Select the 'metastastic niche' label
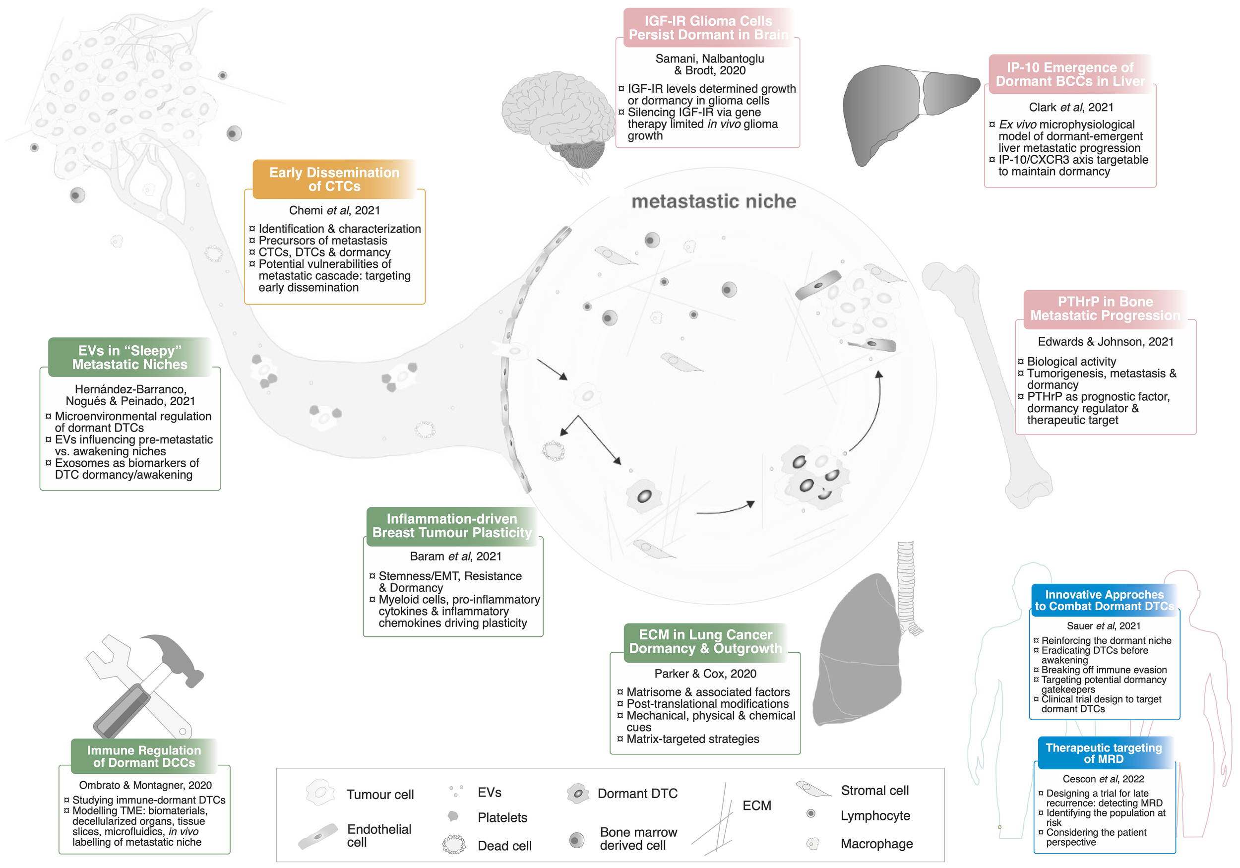point(713,201)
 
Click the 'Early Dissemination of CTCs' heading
point(334,180)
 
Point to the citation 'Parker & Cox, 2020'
point(705,674)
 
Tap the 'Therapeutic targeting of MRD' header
point(1104,753)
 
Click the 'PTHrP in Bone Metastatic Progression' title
point(1105,309)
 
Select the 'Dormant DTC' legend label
point(637,794)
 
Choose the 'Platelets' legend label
point(502,817)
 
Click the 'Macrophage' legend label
point(876,844)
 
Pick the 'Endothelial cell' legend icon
point(318,836)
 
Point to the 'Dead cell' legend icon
point(454,844)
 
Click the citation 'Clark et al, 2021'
point(1070,108)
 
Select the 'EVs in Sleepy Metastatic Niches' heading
point(129,358)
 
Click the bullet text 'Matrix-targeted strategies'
point(692,739)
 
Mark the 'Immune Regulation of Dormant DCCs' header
point(144,756)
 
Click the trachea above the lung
point(906,583)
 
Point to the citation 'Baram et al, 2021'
point(455,557)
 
